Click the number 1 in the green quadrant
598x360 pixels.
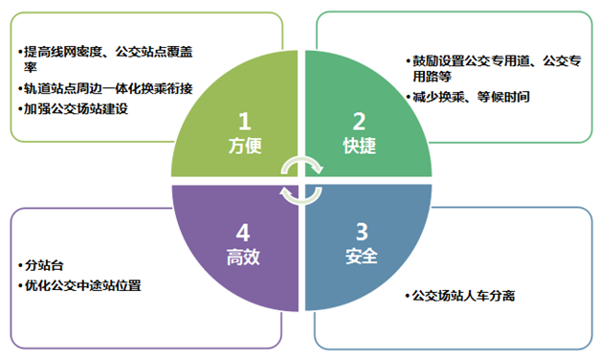[245, 122]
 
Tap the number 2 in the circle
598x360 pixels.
[360, 122]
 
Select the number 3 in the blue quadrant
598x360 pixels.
[360, 233]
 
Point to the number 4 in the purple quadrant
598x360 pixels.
[245, 233]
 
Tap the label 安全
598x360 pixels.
[360, 257]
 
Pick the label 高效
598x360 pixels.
[245, 257]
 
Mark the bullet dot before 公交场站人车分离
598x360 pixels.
[406, 296]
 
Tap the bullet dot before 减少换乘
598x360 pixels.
[406, 97]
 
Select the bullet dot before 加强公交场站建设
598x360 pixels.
[18, 109]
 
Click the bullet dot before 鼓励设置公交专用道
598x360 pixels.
[406, 61]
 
